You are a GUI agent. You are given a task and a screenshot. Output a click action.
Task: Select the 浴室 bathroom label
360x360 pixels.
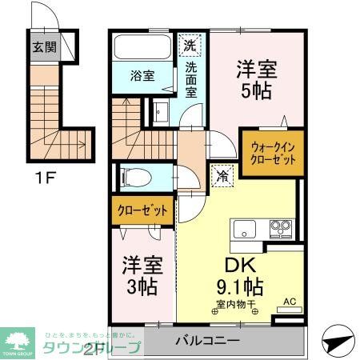[x=143, y=77]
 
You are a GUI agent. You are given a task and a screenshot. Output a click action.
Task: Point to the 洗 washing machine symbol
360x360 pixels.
[x=191, y=43]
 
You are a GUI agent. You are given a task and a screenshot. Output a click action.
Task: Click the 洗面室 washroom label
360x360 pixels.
[x=192, y=79]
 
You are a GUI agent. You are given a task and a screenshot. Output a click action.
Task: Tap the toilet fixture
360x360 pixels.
[x=131, y=174]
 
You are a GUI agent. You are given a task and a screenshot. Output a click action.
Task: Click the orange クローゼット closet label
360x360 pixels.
[x=142, y=211]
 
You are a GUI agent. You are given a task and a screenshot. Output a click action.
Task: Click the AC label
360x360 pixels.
[x=290, y=302]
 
